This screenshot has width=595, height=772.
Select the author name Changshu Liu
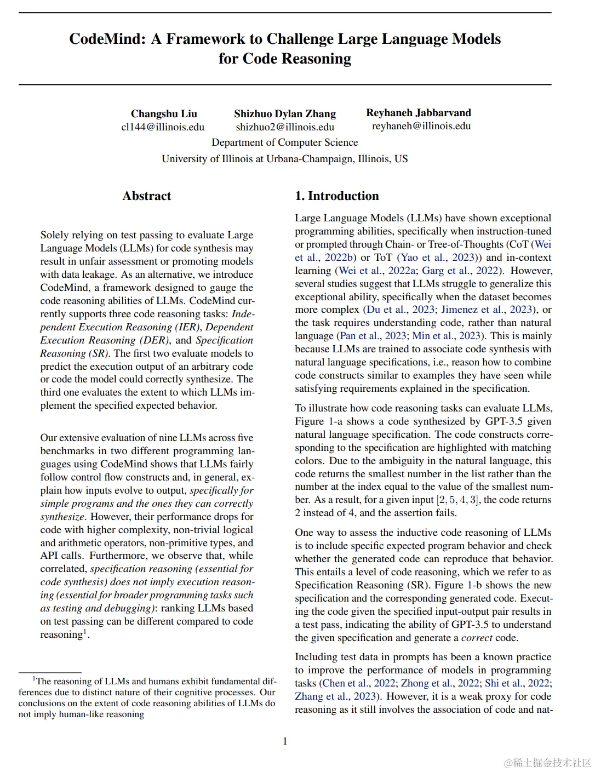point(164,113)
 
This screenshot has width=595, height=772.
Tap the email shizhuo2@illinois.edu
point(285,127)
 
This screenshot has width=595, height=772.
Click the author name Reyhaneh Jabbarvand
point(419,112)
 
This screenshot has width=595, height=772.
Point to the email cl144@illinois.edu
point(163,127)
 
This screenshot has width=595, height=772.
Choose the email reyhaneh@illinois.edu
point(421,126)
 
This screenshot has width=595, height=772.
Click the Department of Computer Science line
point(285,142)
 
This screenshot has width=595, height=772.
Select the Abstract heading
point(147,196)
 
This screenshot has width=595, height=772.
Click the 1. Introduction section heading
point(337,196)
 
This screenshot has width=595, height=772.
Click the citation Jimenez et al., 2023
point(487,310)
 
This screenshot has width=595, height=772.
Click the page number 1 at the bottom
point(285,741)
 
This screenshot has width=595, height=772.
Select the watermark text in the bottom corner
point(548,763)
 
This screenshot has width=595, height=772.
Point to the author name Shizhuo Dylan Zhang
point(285,113)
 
